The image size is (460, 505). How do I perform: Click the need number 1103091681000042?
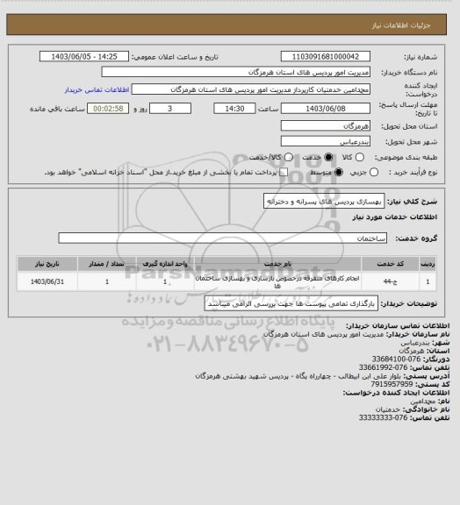(328, 57)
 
